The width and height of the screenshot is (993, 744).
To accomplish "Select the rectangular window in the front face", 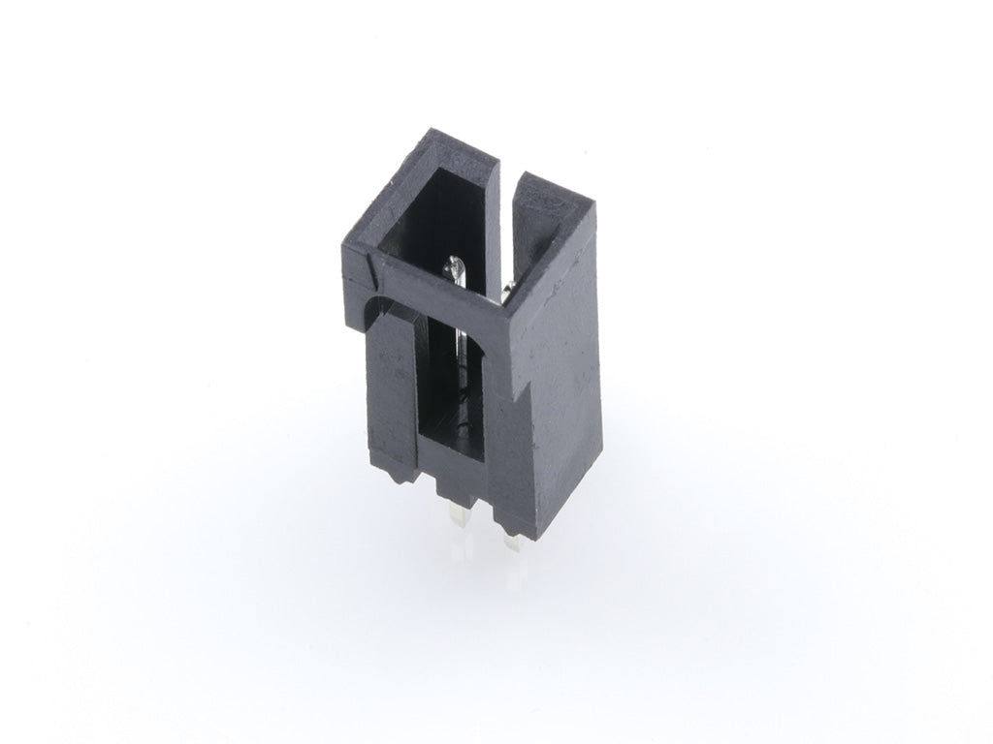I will pyautogui.click(x=452, y=387).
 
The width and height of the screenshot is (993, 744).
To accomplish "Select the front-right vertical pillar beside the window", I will pyautogui.click(x=499, y=426).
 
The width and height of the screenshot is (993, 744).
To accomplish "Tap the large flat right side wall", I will pyautogui.click(x=558, y=368).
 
